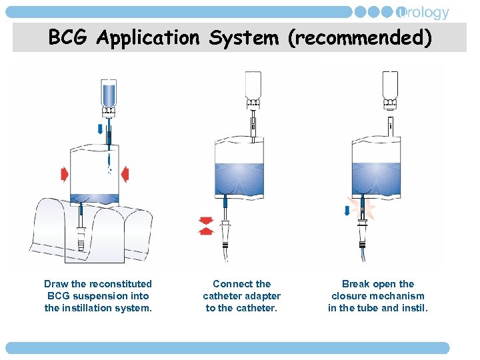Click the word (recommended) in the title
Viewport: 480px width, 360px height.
coord(359,38)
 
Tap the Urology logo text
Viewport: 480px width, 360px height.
coord(423,13)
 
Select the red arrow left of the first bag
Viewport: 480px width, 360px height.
coord(64,175)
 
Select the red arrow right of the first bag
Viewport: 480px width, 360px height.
coord(124,175)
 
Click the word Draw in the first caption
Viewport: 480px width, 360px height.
coord(56,284)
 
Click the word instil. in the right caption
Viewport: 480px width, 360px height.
coord(413,308)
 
